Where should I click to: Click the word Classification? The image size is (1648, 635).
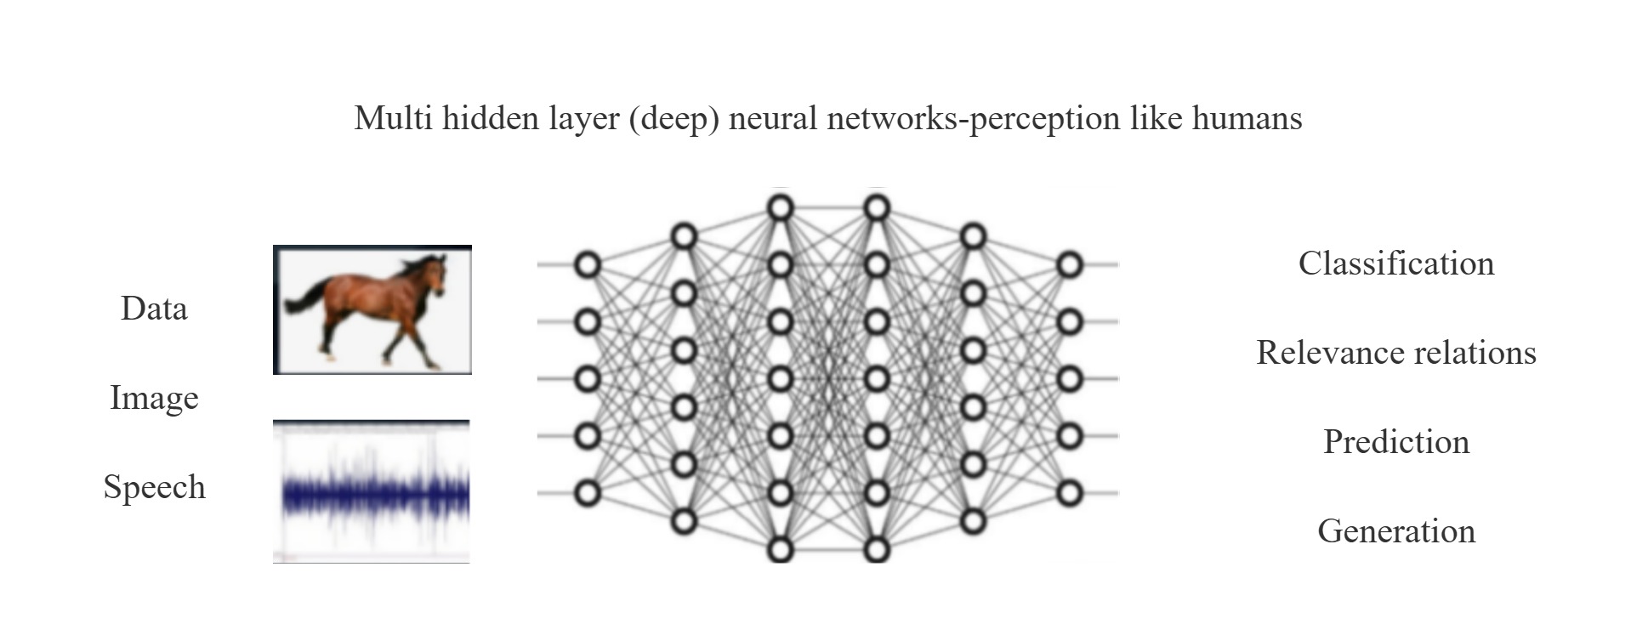tap(1395, 264)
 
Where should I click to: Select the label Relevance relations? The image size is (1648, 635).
tap(1395, 353)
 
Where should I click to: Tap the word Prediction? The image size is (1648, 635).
tap(1395, 442)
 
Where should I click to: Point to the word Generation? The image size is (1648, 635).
tap(1395, 531)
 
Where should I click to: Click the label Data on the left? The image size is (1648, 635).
tap(154, 309)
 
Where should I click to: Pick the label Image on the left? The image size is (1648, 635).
tap(154, 398)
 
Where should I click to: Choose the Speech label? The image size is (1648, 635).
tap(154, 487)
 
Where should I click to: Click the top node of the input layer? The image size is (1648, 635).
tap(588, 265)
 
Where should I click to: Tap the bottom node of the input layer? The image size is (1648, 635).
tap(588, 493)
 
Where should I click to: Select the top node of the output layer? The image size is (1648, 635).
tap(1070, 265)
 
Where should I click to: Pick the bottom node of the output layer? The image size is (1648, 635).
tap(1070, 493)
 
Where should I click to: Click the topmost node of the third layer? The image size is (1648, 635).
tap(780, 207)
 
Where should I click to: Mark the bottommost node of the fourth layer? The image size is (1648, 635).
tap(877, 549)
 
